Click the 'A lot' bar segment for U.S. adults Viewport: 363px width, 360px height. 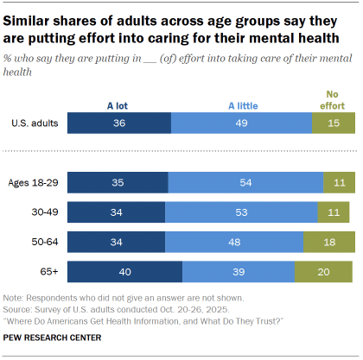118,123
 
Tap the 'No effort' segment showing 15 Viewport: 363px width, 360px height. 334,123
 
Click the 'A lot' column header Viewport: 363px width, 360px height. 118,105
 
